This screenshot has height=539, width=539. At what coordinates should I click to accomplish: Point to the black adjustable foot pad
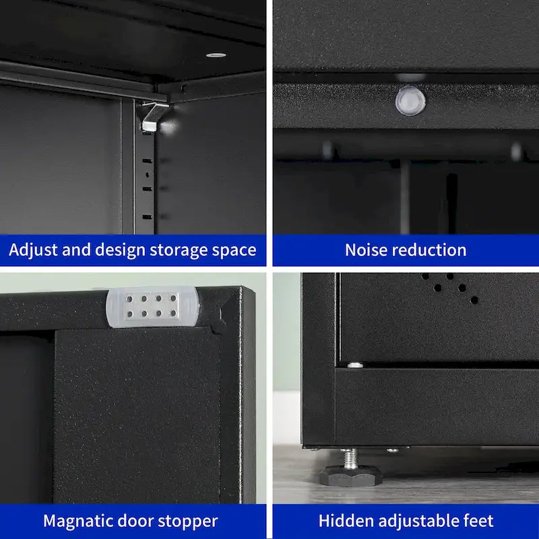350,476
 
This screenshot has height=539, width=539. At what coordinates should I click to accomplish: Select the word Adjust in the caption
31,250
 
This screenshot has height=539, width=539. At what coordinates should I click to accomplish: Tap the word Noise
366,250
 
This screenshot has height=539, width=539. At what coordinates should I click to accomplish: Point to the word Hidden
344,521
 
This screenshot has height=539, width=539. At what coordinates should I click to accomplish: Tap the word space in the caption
236,250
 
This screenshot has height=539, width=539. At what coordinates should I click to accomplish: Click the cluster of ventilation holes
452,286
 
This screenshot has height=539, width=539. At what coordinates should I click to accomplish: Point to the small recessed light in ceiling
216,54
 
